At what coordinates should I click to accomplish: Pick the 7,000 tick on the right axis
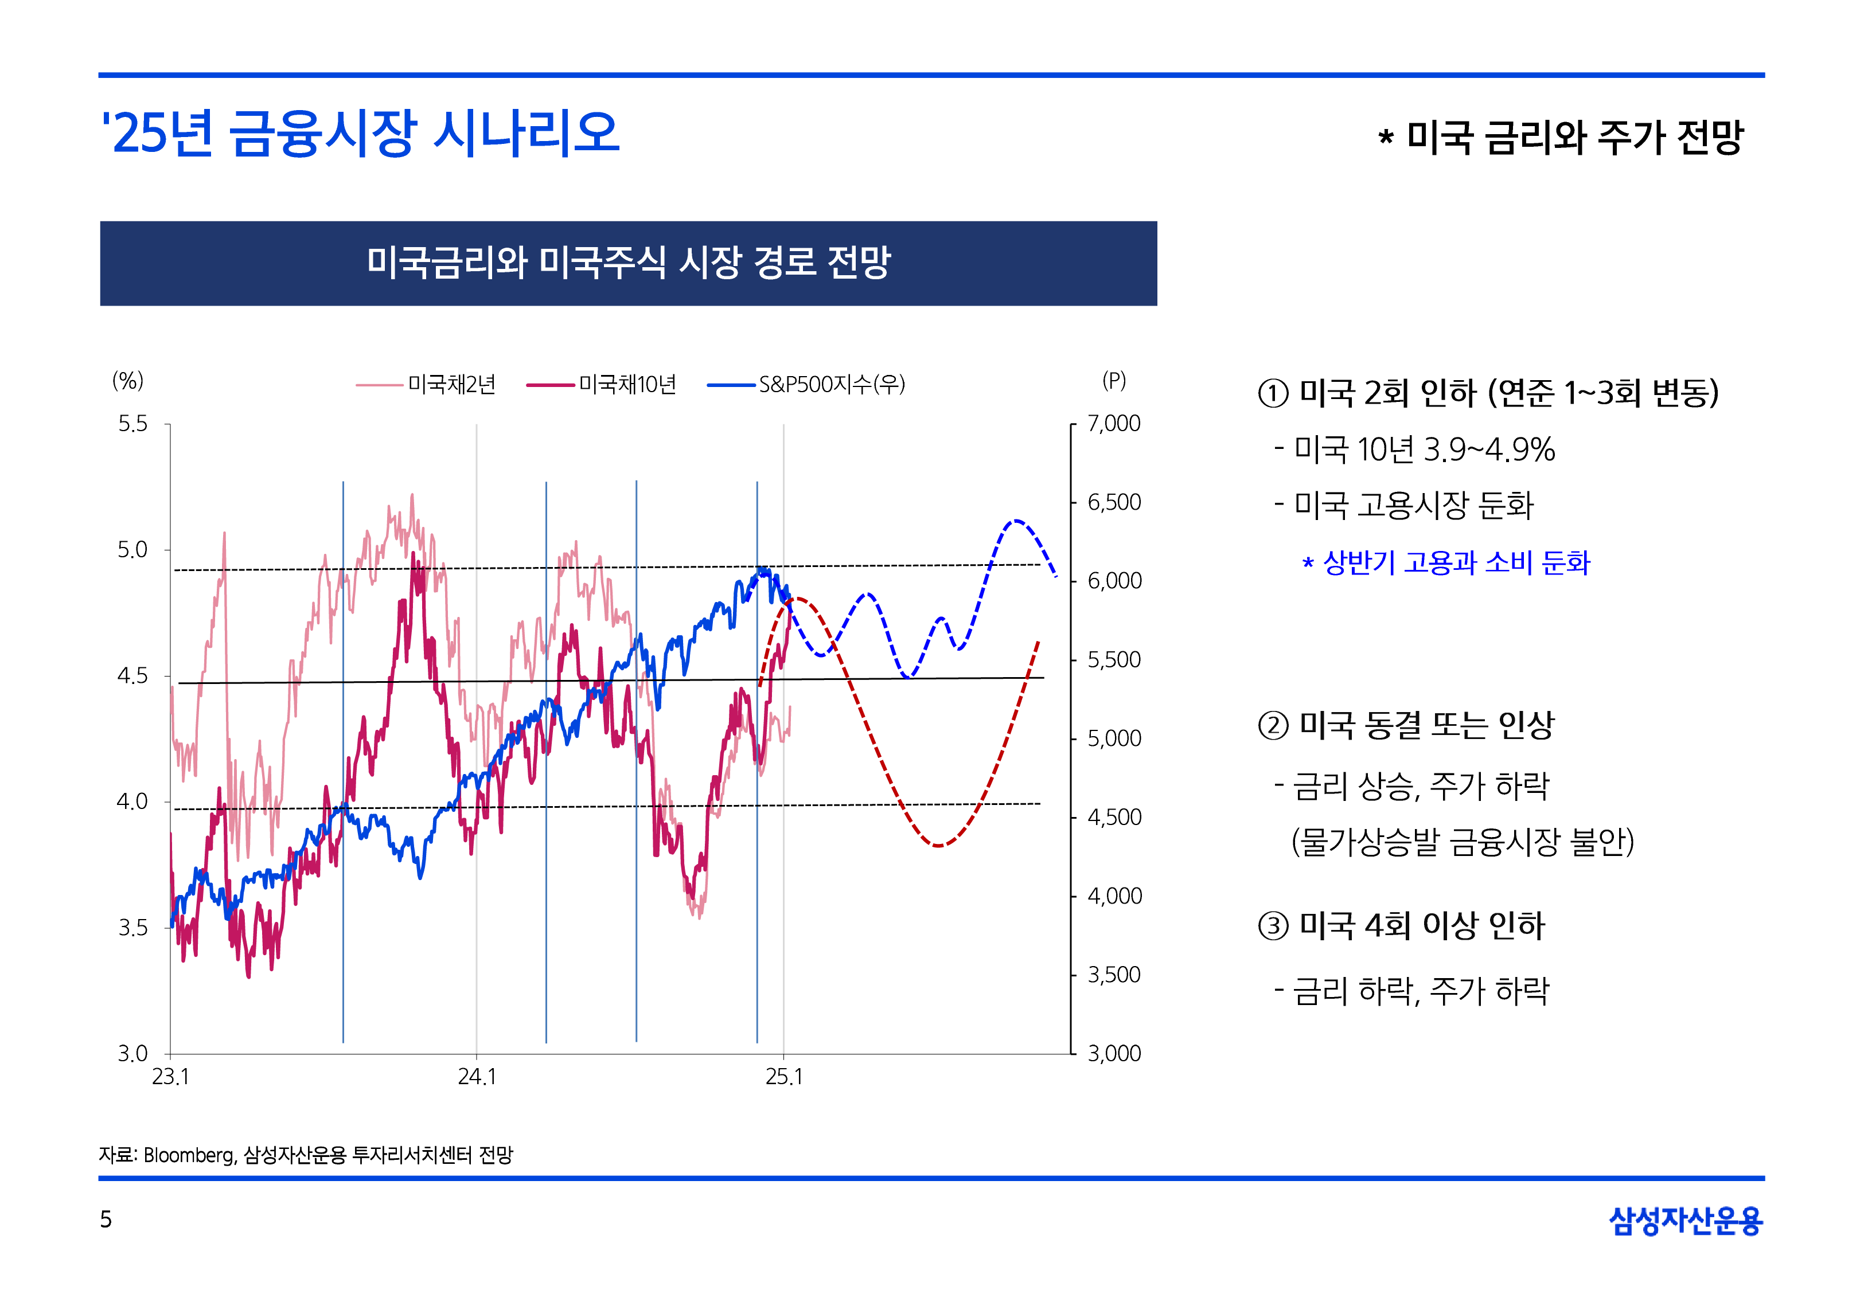pos(1114,424)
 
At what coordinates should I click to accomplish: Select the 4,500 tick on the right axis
pos(1114,817)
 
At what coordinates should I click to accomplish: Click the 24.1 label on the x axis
pos(477,1077)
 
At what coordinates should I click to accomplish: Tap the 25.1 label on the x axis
pos(784,1077)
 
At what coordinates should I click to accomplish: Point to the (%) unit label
pos(128,381)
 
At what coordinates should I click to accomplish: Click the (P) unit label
pos(1114,381)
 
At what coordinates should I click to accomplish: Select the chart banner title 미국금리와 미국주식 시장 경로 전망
pos(628,263)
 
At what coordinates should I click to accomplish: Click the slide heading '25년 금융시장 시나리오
pos(361,134)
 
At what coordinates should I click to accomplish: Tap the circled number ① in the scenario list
pos(1273,394)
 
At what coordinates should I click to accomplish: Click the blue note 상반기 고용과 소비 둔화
pos(1455,562)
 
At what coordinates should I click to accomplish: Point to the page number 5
pos(106,1219)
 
